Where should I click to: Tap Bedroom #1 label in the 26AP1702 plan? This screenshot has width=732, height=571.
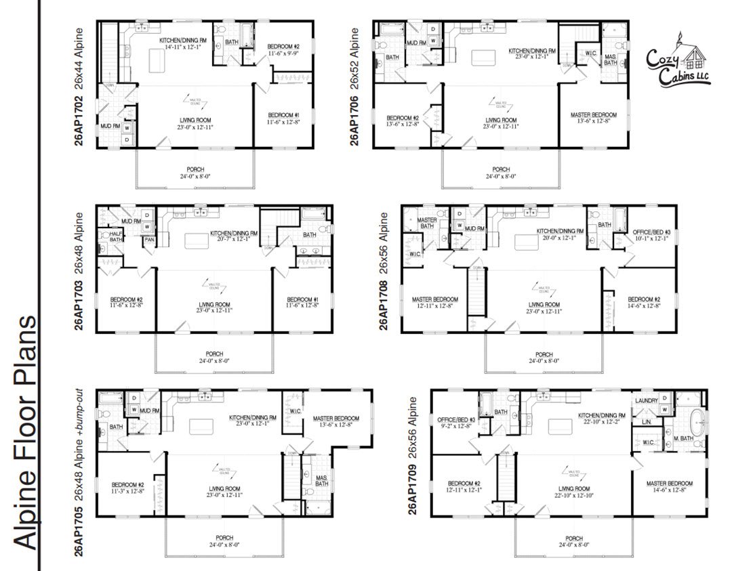click(283, 114)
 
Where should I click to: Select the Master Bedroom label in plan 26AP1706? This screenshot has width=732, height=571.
click(594, 115)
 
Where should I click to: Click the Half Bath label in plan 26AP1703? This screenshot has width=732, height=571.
click(116, 236)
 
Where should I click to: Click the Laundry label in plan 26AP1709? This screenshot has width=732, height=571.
click(647, 400)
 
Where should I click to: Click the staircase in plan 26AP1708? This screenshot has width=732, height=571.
click(476, 291)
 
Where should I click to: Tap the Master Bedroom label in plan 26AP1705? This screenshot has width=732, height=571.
click(342, 419)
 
